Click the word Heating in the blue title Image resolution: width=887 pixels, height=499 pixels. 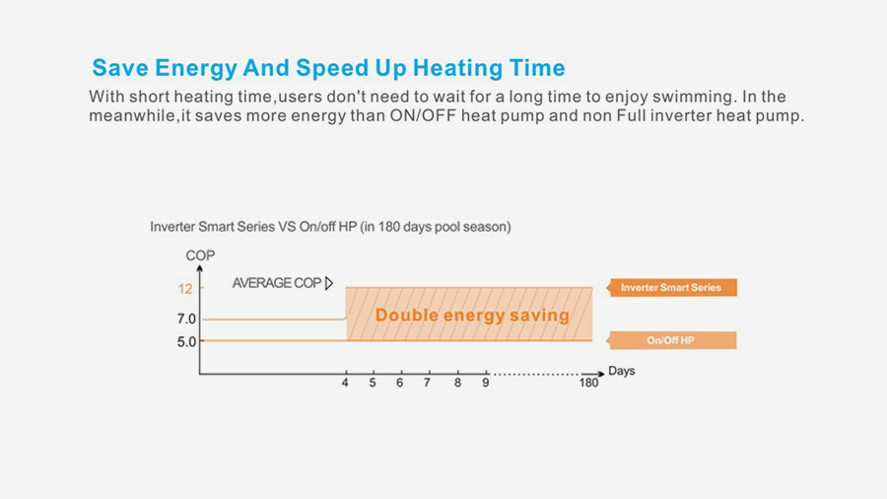point(457,68)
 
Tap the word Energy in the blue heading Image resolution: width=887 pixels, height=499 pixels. point(196,68)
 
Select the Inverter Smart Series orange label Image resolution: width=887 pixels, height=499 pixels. point(671,287)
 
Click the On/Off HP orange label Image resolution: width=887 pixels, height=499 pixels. point(671,340)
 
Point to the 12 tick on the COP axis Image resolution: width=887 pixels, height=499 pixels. point(185,289)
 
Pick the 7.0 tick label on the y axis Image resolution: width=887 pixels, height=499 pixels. point(186,320)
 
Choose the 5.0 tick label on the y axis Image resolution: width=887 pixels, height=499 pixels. point(186,342)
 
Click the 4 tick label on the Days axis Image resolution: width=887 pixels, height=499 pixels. point(345,383)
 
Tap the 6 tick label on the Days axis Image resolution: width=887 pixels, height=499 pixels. point(400,383)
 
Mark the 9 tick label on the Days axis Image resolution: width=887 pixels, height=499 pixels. point(485,383)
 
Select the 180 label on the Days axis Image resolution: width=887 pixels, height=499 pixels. point(588,383)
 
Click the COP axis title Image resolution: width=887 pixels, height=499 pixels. point(200,255)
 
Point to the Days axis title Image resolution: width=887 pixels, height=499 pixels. point(621,371)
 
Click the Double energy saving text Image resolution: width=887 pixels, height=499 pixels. point(472,316)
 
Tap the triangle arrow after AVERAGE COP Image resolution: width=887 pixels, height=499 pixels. point(329,283)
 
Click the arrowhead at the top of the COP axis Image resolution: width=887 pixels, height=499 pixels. point(200,268)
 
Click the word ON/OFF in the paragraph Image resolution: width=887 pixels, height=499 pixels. point(423,116)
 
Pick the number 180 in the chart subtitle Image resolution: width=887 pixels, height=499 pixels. point(389,227)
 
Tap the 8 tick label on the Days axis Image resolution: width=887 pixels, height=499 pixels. point(457,383)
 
